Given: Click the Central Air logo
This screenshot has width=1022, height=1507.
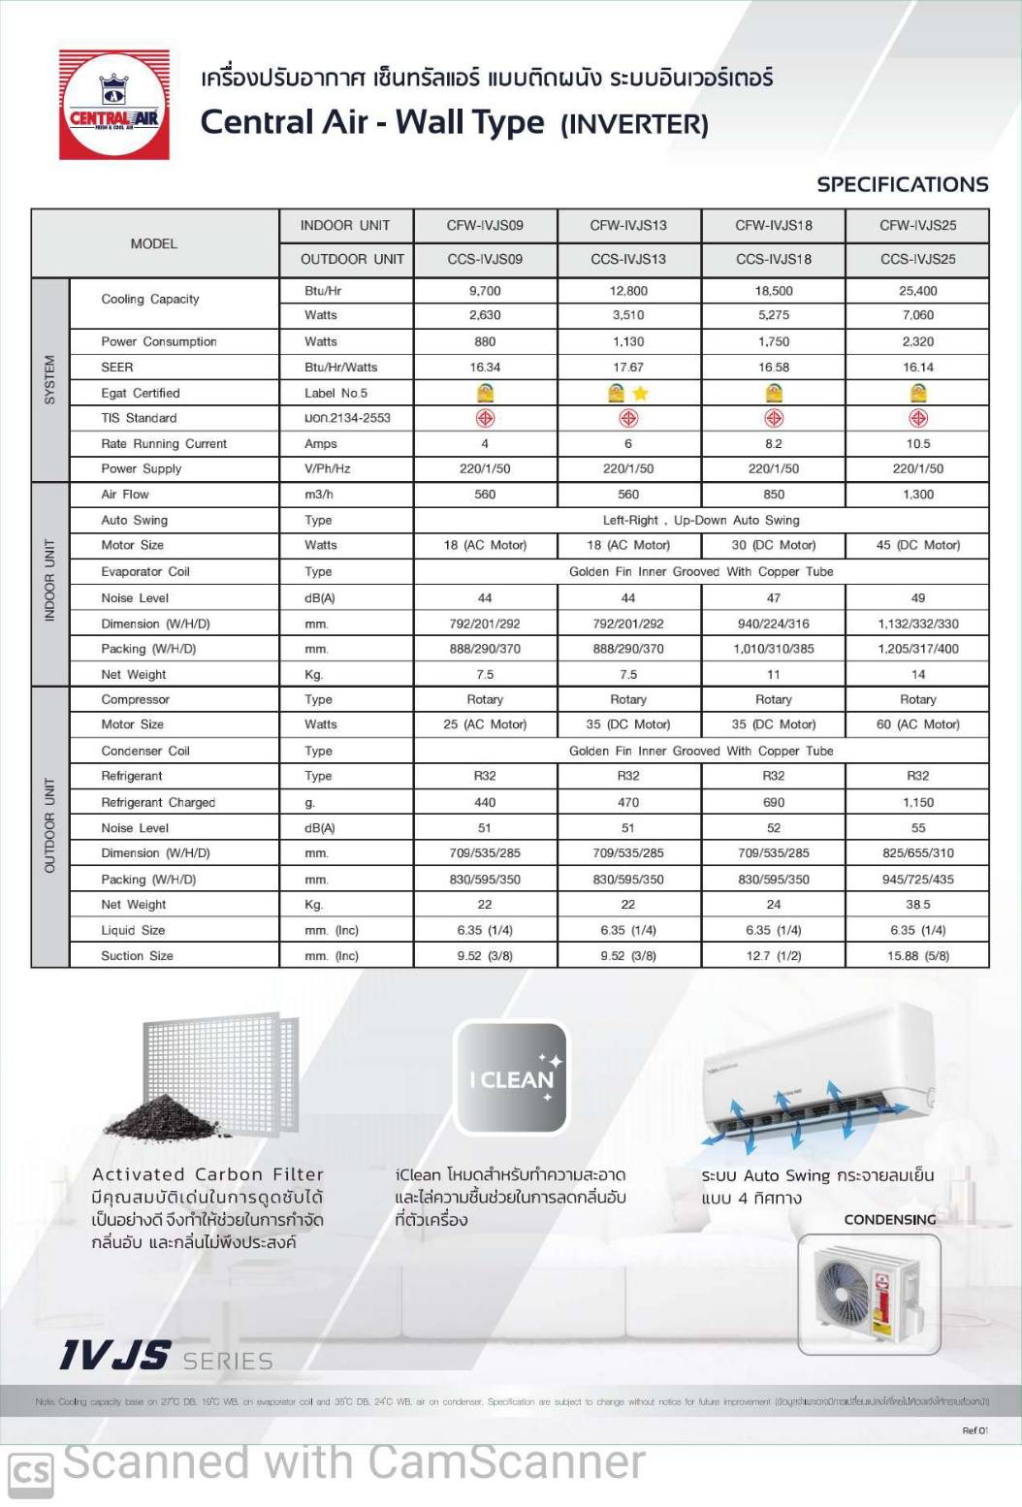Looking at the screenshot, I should (x=114, y=105).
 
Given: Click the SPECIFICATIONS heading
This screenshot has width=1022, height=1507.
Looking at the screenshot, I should (x=902, y=184).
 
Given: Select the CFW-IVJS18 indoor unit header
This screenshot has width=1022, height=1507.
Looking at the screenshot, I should (x=773, y=226).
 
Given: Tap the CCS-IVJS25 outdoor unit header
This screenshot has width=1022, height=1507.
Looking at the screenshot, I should (x=917, y=259).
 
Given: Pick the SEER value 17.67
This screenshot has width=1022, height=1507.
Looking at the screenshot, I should (x=628, y=368).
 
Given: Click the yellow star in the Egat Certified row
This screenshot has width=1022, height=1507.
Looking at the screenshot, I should (x=640, y=393).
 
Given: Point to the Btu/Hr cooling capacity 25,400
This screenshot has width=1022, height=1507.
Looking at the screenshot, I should (x=917, y=291).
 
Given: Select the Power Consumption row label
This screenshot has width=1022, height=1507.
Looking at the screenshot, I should (x=159, y=341).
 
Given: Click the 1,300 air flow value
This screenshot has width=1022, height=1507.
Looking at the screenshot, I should (x=917, y=495).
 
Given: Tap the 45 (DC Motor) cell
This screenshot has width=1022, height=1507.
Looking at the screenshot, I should (x=917, y=545).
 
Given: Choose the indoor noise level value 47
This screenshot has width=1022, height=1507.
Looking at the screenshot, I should (x=773, y=598).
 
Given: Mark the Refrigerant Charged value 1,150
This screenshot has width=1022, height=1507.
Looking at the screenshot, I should (x=917, y=803).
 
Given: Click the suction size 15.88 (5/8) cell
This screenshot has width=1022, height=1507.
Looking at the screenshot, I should (x=917, y=956).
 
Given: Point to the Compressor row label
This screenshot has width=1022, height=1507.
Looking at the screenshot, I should (x=136, y=699).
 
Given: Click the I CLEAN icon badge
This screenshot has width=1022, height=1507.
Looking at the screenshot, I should (x=511, y=1077).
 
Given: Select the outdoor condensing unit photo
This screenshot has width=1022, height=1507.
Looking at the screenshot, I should (x=869, y=1294).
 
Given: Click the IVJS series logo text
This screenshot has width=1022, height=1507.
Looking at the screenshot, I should (x=115, y=1356).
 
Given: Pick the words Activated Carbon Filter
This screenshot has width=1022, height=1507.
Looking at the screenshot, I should (x=208, y=1174).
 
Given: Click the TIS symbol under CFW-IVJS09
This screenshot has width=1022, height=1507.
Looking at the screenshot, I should (x=485, y=419).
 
